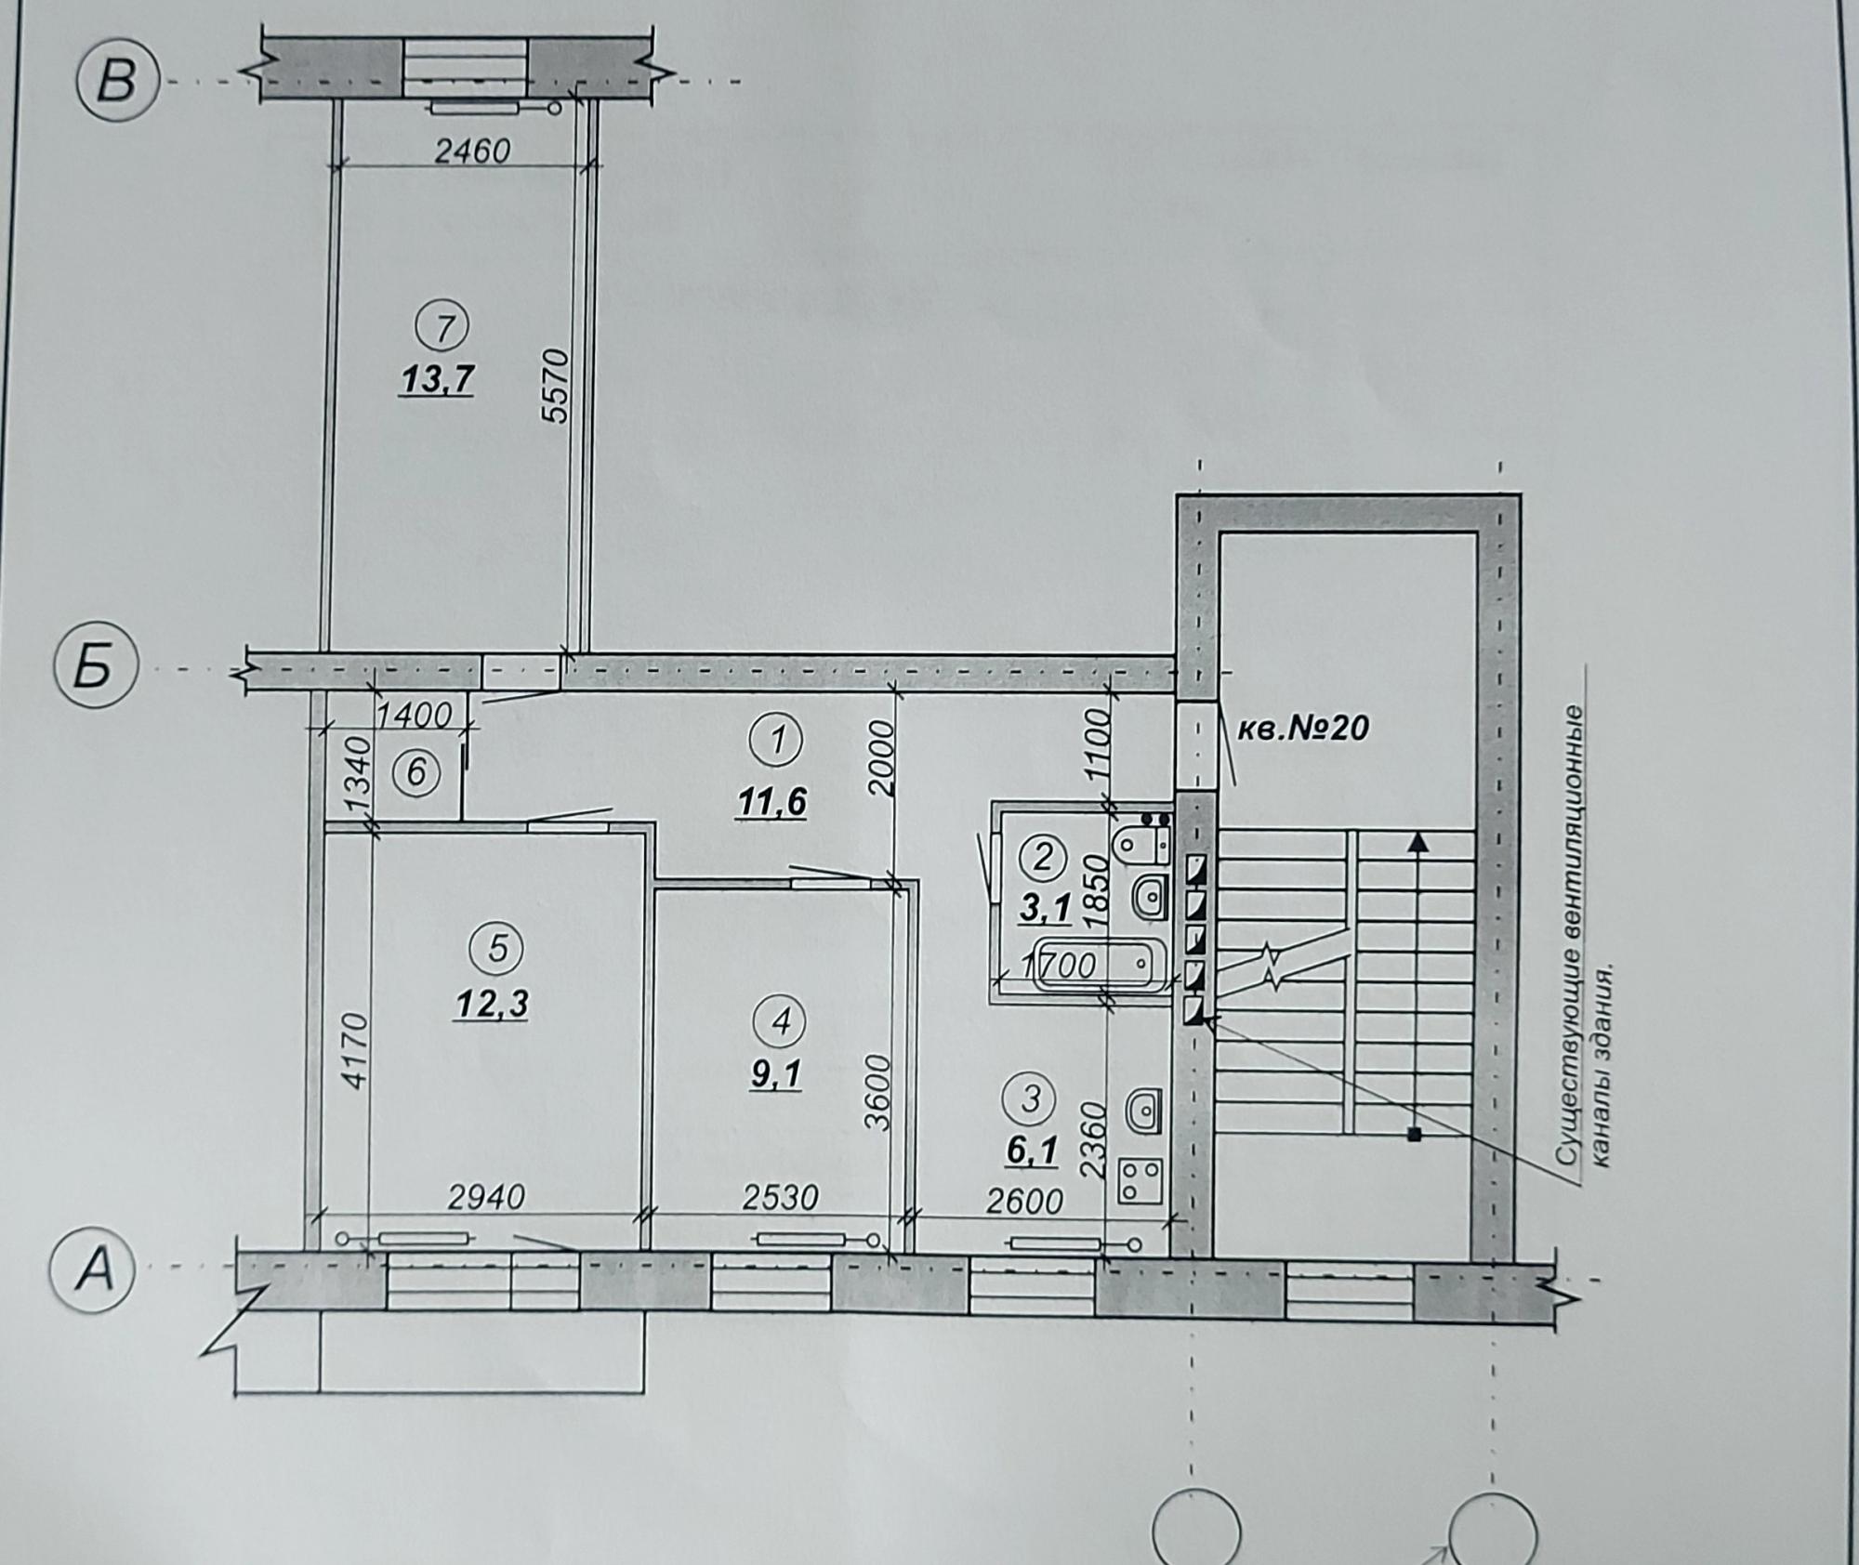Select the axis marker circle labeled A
point(95,1269)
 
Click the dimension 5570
point(555,385)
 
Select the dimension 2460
point(473,150)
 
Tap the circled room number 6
point(415,773)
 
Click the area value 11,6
point(771,801)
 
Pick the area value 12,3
point(493,1004)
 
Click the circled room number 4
point(781,1021)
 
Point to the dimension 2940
point(486,1197)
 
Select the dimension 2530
point(780,1198)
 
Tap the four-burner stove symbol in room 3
point(1140,1180)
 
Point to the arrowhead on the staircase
point(1417,842)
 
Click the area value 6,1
point(1032,1152)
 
